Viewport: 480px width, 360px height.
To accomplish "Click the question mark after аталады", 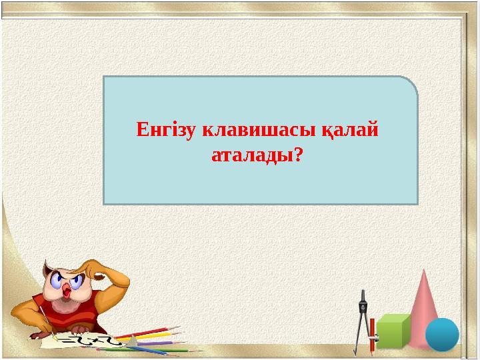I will (x=297, y=156).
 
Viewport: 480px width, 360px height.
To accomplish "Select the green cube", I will (x=393, y=329).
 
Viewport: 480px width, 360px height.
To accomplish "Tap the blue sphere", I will (x=442, y=334).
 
